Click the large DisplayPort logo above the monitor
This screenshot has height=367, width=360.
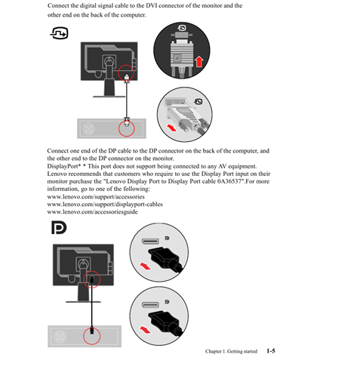coord(59,227)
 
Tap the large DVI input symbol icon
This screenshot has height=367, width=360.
coord(60,33)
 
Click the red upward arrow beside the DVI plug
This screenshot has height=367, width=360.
coord(199,61)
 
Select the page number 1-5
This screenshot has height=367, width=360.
coord(271,351)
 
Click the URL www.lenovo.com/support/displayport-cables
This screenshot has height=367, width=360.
coord(105,204)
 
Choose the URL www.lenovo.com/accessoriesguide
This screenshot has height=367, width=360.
coord(92,211)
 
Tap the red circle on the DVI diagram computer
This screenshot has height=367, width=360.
coord(127,128)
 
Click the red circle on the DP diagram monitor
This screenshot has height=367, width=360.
coord(92,279)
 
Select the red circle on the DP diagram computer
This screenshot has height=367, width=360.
coord(92,336)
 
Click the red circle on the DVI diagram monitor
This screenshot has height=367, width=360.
coord(126,72)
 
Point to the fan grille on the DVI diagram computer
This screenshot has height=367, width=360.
coord(88,129)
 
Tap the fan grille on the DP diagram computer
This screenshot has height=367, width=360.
coord(60,337)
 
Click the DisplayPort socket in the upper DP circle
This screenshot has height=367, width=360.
coord(150,241)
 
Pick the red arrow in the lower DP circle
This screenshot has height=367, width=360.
coord(146,329)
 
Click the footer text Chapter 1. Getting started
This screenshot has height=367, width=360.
coord(231,351)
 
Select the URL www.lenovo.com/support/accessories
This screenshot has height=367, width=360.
coord(96,196)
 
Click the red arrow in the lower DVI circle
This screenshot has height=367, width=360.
coord(173,128)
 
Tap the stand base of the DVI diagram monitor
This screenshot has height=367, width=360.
coord(109,97)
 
